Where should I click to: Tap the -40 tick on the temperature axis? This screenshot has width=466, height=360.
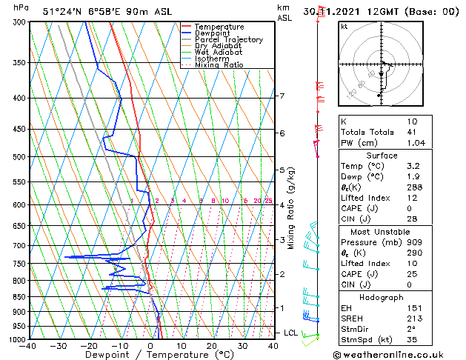coord(28,346)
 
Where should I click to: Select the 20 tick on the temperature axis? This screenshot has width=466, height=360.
coord(211,346)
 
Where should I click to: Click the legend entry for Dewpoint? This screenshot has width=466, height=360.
coord(212,33)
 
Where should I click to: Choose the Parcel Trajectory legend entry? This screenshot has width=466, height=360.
coord(228,40)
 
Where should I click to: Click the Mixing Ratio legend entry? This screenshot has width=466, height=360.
coord(219,65)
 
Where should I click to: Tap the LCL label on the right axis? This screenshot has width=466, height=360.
coord(290,333)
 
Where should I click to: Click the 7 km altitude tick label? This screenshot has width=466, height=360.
coord(282,96)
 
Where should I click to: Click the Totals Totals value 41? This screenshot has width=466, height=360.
coord(412,132)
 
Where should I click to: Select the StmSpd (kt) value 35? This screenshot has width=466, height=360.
coord(412,339)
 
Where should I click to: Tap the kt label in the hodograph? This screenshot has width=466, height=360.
coord(344,27)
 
